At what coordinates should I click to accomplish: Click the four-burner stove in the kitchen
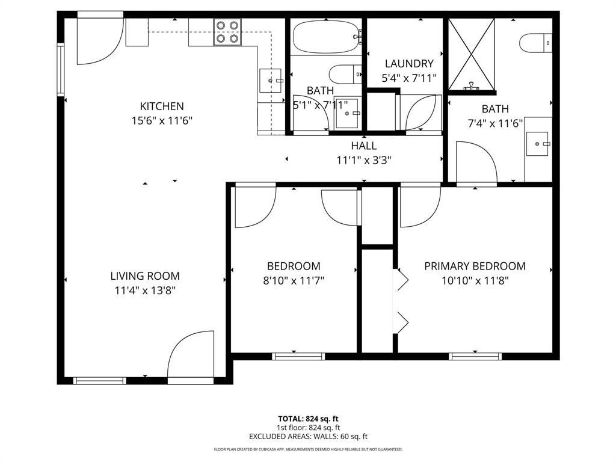pos(228,32)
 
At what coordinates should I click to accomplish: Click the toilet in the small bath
pos(344,75)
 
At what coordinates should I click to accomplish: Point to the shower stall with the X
pos(471,54)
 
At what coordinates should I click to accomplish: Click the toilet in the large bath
pos(535,42)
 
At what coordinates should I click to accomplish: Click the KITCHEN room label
pos(162,106)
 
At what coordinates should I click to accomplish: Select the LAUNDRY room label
pos(409,64)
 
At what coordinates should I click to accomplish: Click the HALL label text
pos(364,146)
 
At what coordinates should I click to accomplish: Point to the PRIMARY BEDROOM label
pos(475,266)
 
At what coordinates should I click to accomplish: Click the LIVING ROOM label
pos(145,276)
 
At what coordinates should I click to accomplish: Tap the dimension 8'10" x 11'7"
pos(294,280)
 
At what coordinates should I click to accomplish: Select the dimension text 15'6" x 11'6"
pos(162,120)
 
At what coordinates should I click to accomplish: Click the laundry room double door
pos(423,112)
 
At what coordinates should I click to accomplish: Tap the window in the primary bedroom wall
pos(475,356)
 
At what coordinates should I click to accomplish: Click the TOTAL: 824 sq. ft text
pos(308,419)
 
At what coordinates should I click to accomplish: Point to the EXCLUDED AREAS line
pos(308,437)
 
